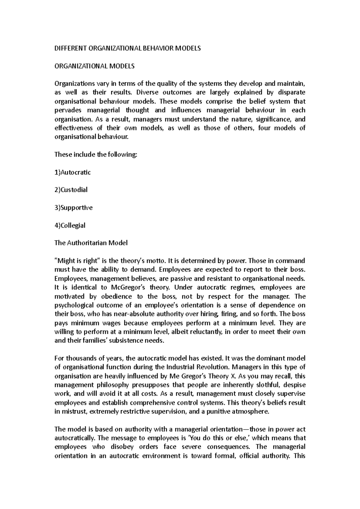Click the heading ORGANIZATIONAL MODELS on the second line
(x=94, y=66)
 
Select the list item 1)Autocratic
(x=72, y=172)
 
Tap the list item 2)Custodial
(x=71, y=190)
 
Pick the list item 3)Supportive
(x=73, y=207)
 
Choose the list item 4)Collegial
(x=70, y=225)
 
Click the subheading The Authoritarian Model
(x=91, y=243)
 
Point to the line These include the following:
(x=95, y=155)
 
